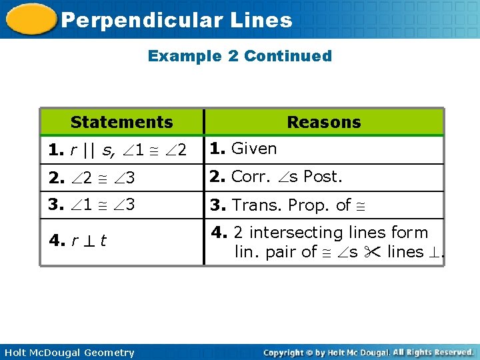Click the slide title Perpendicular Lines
coord(176,20)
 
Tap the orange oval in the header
coord(30,19)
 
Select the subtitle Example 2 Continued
coord(239,56)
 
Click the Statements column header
coord(121,122)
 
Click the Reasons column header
coord(323,122)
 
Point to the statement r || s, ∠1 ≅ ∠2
coord(117,151)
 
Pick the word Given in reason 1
coord(253,149)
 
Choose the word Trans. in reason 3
coord(257,205)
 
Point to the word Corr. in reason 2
coord(252,177)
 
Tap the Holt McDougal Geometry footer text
coord(69,353)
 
